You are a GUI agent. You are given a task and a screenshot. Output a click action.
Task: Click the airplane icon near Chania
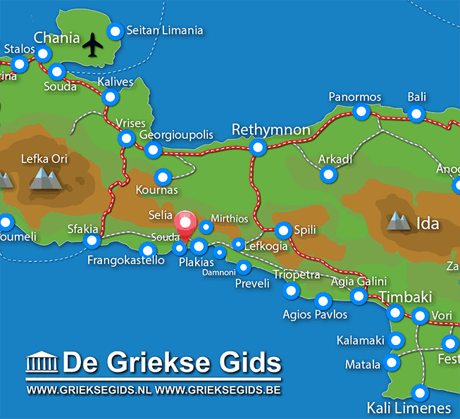click(x=92, y=46)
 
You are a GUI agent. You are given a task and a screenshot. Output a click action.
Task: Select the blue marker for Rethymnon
click(x=258, y=147)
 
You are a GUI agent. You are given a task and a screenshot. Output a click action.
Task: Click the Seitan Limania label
click(x=165, y=30)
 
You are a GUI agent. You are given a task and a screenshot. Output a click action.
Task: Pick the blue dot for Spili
click(x=283, y=230)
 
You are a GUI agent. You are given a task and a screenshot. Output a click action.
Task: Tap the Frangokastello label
click(x=126, y=261)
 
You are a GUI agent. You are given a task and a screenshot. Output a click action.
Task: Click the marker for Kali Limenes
click(x=421, y=393)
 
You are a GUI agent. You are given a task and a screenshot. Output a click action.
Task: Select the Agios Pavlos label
click(x=315, y=314)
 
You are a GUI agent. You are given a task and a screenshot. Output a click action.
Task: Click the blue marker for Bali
click(x=416, y=114)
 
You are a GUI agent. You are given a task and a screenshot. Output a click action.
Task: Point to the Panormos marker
click(x=361, y=111)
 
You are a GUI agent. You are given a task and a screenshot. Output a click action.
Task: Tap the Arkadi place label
click(x=335, y=158)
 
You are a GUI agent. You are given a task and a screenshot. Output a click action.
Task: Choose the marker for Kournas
click(x=163, y=177)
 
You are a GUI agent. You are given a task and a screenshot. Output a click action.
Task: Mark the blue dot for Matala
click(x=392, y=363)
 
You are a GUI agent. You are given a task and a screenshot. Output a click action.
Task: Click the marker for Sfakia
click(x=92, y=242)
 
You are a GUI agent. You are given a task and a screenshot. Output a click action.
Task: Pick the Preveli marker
click(x=244, y=267)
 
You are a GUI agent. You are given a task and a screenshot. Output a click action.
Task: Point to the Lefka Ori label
click(x=44, y=158)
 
